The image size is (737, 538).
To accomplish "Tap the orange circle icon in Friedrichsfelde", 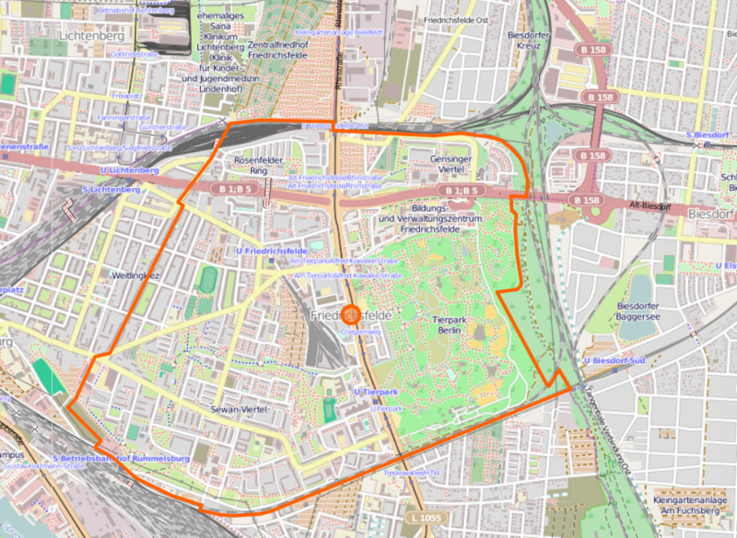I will pyautogui.click(x=350, y=314).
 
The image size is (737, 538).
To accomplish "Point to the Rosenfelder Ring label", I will pyautogui.click(x=251, y=165).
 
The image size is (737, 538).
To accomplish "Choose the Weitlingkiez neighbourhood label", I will pyautogui.click(x=135, y=275).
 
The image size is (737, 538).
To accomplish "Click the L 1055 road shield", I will pyautogui.click(x=428, y=520).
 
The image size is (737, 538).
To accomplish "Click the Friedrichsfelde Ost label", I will pyautogui.click(x=455, y=18).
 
